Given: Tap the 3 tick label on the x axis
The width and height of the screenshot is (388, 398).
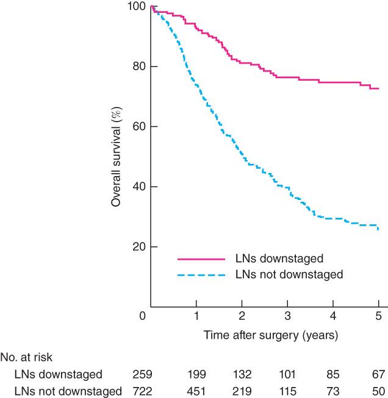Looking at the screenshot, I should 287,317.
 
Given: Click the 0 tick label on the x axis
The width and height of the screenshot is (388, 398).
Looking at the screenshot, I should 142,317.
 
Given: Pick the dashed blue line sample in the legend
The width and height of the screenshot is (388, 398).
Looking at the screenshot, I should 202,275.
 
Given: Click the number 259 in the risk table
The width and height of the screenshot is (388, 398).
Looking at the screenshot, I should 142,374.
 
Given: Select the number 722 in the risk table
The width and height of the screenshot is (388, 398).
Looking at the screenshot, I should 142,391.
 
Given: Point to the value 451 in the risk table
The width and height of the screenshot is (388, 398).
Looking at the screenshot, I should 196,391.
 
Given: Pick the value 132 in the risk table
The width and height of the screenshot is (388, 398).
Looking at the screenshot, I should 242,374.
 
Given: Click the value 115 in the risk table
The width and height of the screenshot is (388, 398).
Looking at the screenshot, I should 287,391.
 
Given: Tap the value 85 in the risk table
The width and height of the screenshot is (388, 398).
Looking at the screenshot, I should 333,374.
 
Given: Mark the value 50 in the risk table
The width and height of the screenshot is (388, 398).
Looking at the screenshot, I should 378,391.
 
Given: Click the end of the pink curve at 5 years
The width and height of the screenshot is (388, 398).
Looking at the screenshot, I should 379,89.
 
